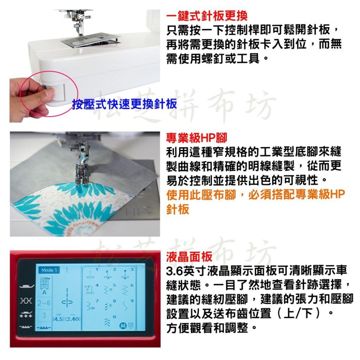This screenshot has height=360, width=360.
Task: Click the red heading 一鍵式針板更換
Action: [207, 16]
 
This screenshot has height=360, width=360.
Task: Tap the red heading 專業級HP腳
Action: [197, 137]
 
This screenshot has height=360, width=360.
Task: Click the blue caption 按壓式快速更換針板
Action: [125, 104]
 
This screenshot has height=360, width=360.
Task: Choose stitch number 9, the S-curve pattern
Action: [125, 306]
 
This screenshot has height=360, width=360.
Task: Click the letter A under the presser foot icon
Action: [45, 293]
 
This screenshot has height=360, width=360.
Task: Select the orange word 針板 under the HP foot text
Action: [177, 209]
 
